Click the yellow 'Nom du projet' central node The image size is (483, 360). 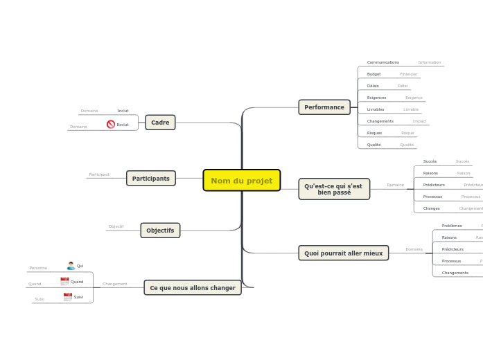coord(241,181)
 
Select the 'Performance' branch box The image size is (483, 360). coord(324,107)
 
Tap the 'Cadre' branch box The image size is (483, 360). coord(160,123)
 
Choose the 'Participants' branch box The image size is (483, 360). coord(150,179)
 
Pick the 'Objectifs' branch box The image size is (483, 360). coord(160,231)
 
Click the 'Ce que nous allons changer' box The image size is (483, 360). coord(192,288)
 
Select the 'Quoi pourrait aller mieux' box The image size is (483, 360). coord(343,253)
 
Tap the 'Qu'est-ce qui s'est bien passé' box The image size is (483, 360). coord(333,189)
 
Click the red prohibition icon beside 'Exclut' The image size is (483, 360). coord(111,125)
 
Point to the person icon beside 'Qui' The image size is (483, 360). coord(71,266)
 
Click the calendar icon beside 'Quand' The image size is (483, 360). coord(64,282)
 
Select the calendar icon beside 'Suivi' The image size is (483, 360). coord(68,297)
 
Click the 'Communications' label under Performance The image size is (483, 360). coord(383,62)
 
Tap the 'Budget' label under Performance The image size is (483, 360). coord(374,74)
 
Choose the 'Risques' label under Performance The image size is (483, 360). coord(374,133)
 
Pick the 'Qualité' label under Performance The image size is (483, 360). coord(374,145)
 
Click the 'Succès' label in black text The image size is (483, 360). coord(430,161)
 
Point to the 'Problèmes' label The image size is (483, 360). coord(452,226)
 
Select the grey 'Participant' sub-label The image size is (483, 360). coord(99,174)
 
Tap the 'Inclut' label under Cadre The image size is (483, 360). coord(123,111)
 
